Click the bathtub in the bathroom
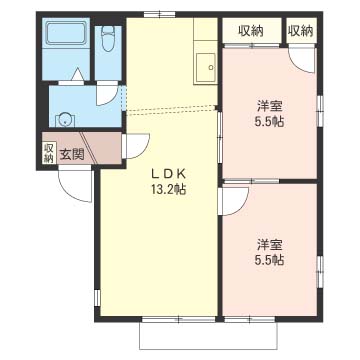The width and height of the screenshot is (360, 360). (65, 33)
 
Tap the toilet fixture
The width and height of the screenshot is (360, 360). (108, 39)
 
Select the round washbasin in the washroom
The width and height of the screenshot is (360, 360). (65, 120)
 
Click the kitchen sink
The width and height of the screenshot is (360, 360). (205, 68)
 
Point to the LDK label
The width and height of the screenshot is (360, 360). (168, 174)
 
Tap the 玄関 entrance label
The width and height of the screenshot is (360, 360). (72, 154)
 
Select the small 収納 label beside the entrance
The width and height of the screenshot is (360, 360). (48, 153)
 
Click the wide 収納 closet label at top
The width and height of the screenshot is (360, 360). (251, 31)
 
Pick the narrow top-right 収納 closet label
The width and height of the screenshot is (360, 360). (301, 31)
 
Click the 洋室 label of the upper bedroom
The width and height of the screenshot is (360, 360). (270, 107)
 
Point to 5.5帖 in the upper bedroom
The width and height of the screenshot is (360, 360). (269, 122)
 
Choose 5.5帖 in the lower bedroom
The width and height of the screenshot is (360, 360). (269, 260)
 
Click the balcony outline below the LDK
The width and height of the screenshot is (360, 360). (208, 349)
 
